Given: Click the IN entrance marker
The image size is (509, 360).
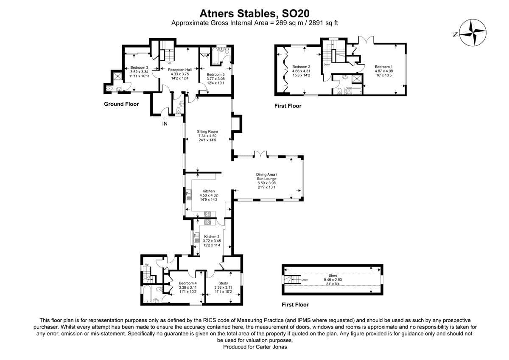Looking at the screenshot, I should coord(165,124).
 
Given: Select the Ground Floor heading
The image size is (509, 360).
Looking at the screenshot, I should coord(121,104).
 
